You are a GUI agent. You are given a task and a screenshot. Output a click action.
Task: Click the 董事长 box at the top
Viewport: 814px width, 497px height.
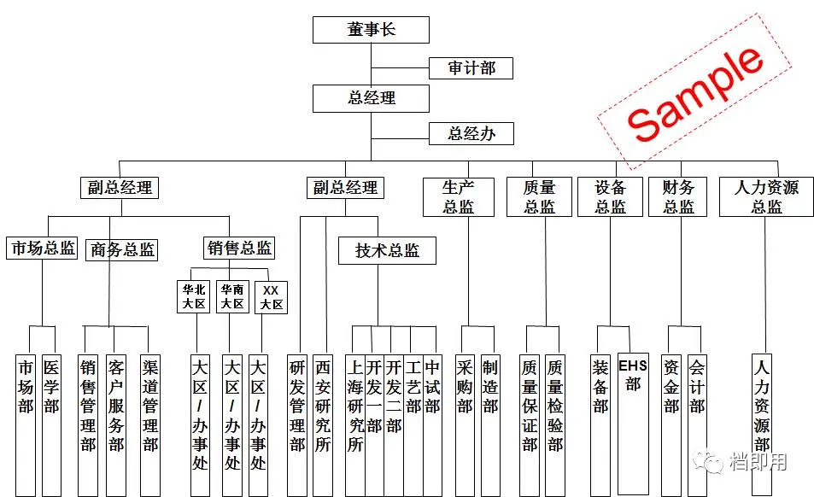coord(371,31)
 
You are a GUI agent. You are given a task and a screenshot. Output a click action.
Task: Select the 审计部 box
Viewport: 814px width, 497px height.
coord(471,68)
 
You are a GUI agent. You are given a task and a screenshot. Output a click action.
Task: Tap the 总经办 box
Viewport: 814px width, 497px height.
coord(471,133)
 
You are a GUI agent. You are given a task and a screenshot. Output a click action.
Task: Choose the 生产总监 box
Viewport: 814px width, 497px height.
coord(458,196)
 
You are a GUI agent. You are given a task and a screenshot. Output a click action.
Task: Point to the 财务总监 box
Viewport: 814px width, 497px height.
coord(678,196)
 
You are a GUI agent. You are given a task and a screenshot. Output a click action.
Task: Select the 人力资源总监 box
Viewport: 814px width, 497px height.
coord(765,196)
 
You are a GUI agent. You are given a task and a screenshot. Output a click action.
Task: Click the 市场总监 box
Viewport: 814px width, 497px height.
coord(42,248)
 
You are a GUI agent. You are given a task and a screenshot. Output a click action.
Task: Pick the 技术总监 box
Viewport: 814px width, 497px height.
coord(387,250)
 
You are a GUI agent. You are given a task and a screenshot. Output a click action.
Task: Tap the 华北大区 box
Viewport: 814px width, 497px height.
coord(194,296)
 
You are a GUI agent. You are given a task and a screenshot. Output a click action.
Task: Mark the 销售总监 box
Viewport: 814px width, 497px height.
coord(239,248)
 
